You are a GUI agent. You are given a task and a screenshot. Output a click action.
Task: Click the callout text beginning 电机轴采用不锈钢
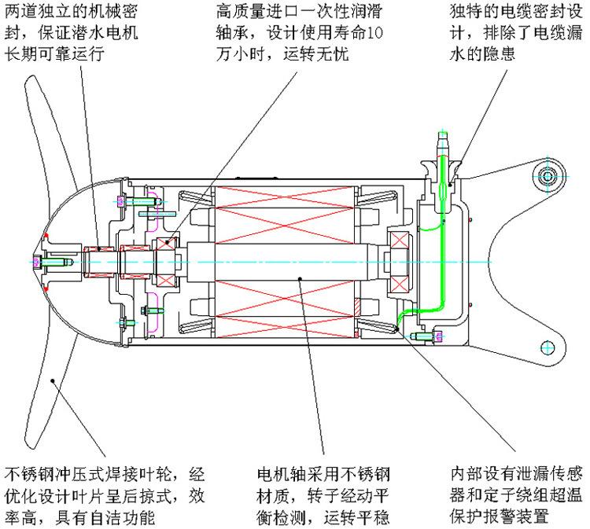point(323,496)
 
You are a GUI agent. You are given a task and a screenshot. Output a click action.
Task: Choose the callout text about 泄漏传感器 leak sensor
point(516,496)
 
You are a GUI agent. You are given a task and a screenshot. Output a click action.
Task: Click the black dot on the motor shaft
point(301,276)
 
